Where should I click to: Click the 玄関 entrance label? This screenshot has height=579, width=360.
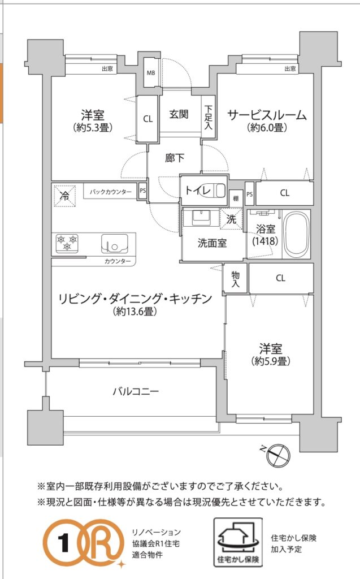(x=179, y=114)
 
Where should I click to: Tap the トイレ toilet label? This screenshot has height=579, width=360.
(x=198, y=191)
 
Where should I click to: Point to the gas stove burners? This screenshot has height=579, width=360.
(x=67, y=243)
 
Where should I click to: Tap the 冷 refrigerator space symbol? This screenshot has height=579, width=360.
(x=64, y=195)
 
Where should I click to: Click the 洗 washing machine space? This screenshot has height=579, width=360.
(x=231, y=219)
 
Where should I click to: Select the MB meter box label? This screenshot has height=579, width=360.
(x=151, y=73)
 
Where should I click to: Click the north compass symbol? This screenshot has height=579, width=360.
(x=277, y=453)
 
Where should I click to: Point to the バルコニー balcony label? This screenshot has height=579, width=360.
(x=136, y=391)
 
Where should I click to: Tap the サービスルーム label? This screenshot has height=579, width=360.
(x=267, y=115)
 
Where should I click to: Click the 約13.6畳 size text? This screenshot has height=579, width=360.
(x=135, y=312)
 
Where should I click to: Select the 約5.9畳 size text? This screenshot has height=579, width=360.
(x=270, y=361)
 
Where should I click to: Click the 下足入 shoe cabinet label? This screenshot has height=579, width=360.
(x=208, y=118)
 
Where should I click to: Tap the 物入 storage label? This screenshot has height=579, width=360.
(x=236, y=279)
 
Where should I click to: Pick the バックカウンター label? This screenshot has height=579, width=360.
(x=110, y=192)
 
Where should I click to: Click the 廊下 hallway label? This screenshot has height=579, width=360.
(x=175, y=158)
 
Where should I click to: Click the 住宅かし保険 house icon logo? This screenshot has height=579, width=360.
(x=238, y=542)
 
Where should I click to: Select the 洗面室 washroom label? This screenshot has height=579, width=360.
(x=212, y=243)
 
